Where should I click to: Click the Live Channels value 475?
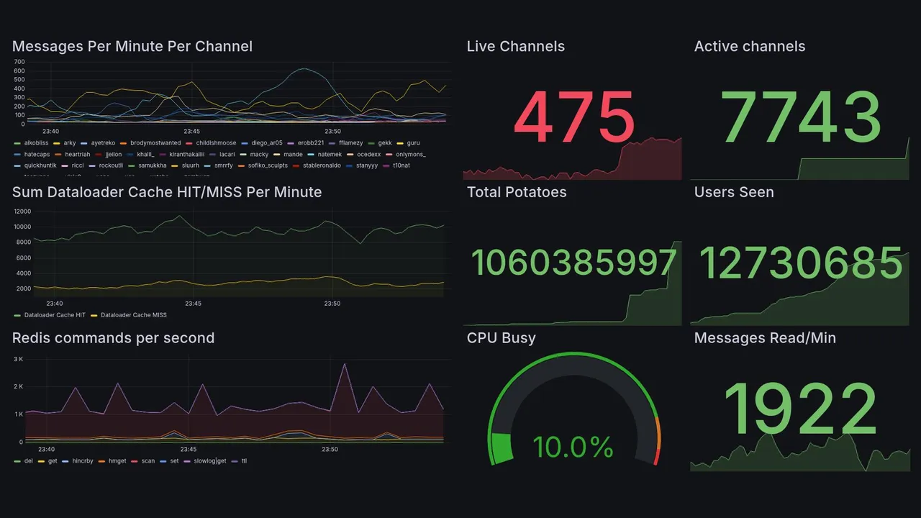coord(573,117)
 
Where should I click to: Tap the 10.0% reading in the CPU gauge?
coord(573,447)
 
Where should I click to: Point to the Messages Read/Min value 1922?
coord(800,410)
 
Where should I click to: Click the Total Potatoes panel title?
coord(516,192)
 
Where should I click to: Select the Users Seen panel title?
coord(733,192)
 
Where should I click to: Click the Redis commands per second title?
coord(113,338)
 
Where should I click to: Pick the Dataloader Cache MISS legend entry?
coord(133,315)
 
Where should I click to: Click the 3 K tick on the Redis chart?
coord(19,358)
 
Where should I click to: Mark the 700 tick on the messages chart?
coord(19,62)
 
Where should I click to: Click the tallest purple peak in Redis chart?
coord(345,364)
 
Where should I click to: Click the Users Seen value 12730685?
coord(800,263)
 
